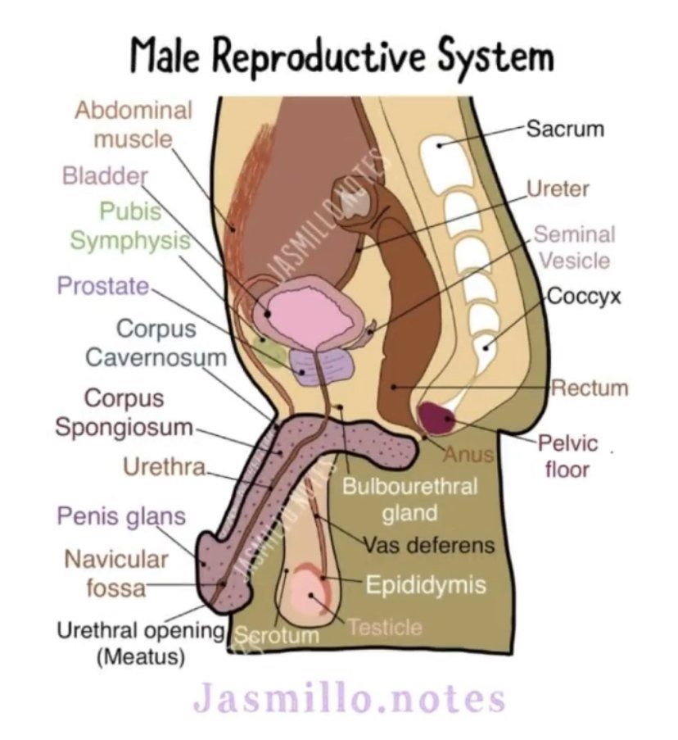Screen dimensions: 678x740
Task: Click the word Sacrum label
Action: (x=564, y=129)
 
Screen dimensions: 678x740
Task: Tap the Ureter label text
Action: (x=558, y=189)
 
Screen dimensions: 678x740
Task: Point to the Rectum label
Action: (x=589, y=387)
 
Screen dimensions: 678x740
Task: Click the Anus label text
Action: (x=469, y=452)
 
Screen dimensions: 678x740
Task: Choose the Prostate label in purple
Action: (x=103, y=286)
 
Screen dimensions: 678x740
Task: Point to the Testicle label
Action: (x=385, y=628)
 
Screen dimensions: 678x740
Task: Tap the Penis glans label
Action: (x=121, y=517)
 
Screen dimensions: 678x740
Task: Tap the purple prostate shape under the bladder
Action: (x=316, y=367)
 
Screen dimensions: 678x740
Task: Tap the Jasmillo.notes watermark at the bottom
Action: (x=348, y=699)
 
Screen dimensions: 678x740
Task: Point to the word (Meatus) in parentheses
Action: (x=140, y=656)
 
